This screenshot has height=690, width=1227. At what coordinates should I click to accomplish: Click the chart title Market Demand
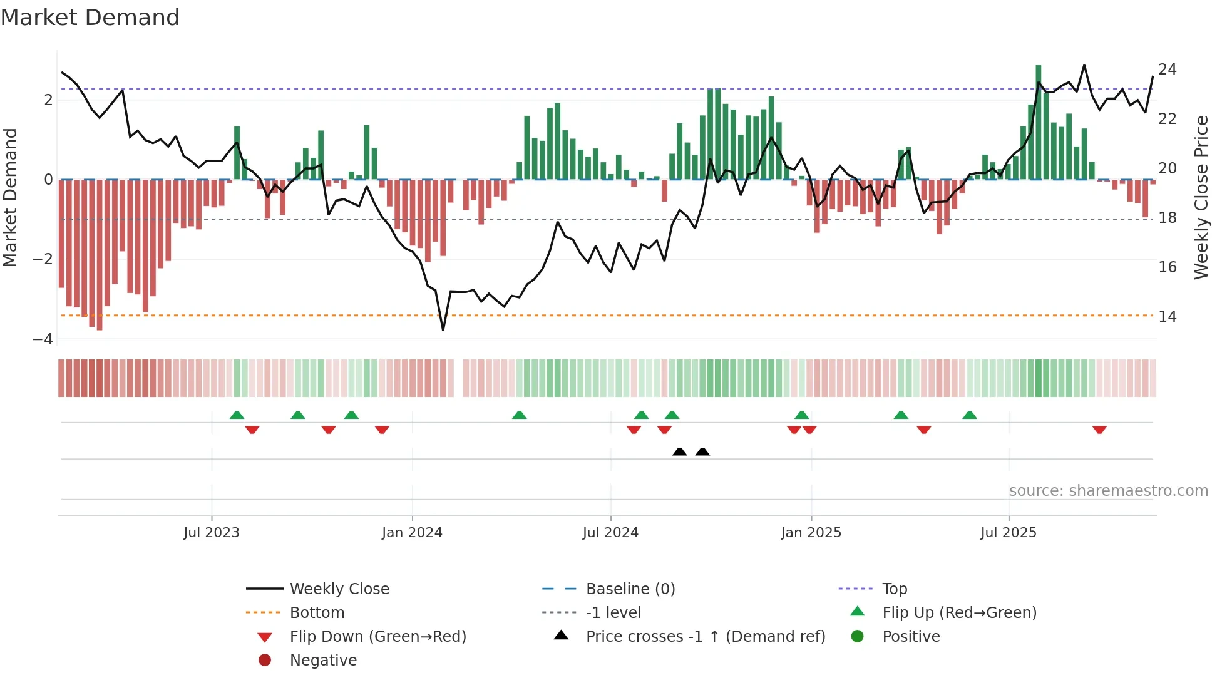(90, 18)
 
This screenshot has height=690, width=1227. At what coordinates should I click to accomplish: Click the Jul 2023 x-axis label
(211, 532)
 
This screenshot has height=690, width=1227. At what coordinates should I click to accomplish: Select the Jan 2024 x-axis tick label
(412, 532)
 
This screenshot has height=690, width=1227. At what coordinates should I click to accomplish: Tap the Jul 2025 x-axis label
(1009, 532)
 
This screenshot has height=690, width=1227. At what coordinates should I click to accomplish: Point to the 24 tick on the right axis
(1167, 69)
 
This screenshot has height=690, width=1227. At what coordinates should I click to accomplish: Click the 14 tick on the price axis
(1167, 316)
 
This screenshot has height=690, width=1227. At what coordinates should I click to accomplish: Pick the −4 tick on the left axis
(43, 339)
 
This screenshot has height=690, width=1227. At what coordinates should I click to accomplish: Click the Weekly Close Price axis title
(1201, 197)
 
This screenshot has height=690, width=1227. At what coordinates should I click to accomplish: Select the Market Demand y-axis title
(10, 197)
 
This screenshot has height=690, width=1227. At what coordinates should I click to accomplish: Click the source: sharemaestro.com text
(1108, 490)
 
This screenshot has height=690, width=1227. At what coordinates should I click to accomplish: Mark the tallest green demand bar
(1038, 122)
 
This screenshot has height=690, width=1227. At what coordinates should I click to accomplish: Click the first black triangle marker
(679, 451)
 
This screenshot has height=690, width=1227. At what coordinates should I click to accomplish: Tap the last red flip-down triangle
(1099, 430)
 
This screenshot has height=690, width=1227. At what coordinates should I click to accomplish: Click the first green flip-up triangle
(237, 415)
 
